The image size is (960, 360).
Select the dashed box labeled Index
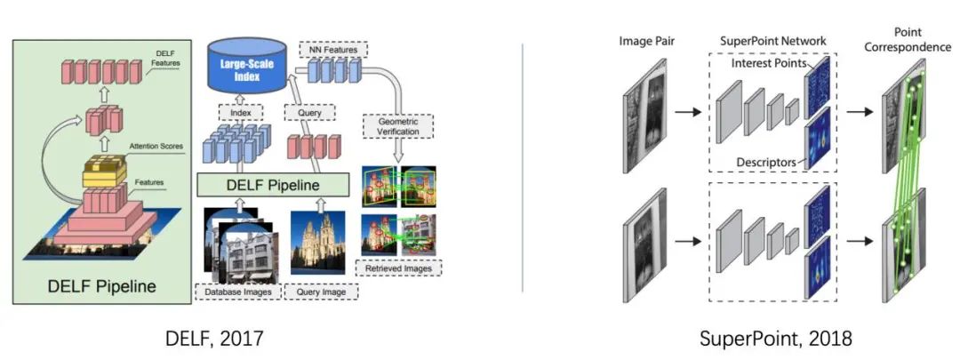(x=235, y=114)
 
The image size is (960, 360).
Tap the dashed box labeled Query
(x=304, y=114)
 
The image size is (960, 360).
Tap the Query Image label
(x=320, y=291)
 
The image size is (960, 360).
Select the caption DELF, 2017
(x=214, y=339)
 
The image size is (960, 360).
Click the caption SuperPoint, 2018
(x=775, y=339)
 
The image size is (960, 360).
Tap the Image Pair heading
(x=647, y=41)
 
